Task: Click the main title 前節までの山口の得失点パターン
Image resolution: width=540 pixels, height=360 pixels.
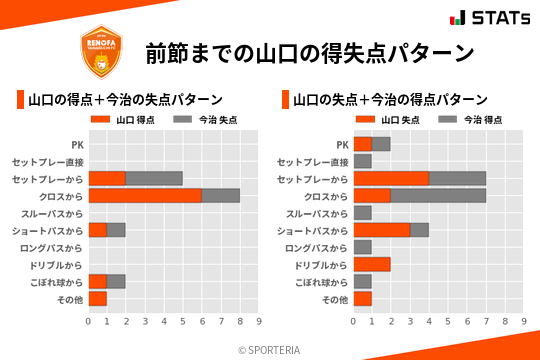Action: pyautogui.click(x=308, y=53)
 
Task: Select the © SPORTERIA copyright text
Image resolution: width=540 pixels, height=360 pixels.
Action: pyautogui.click(x=270, y=349)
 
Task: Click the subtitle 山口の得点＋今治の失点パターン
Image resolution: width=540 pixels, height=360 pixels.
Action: pyautogui.click(x=125, y=100)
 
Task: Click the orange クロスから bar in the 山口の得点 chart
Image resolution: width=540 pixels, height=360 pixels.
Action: pyautogui.click(x=145, y=196)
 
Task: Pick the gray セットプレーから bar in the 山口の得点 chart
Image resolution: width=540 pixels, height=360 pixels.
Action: pyautogui.click(x=154, y=179)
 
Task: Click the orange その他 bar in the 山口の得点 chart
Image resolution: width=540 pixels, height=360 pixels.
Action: pyautogui.click(x=97, y=299)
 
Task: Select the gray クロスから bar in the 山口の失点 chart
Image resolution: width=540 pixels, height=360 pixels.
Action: pyautogui.click(x=438, y=196)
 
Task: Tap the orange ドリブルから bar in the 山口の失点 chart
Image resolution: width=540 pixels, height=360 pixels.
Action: pyautogui.click(x=372, y=264)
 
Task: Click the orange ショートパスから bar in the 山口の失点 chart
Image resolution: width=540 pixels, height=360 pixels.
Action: pyautogui.click(x=381, y=230)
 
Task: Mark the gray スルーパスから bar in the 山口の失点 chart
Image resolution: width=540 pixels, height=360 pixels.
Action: pyautogui.click(x=362, y=213)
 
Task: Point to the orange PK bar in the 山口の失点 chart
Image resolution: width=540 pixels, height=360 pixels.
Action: pyautogui.click(x=362, y=144)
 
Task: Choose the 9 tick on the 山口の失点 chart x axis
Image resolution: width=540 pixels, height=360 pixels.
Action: pyautogui.click(x=524, y=321)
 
